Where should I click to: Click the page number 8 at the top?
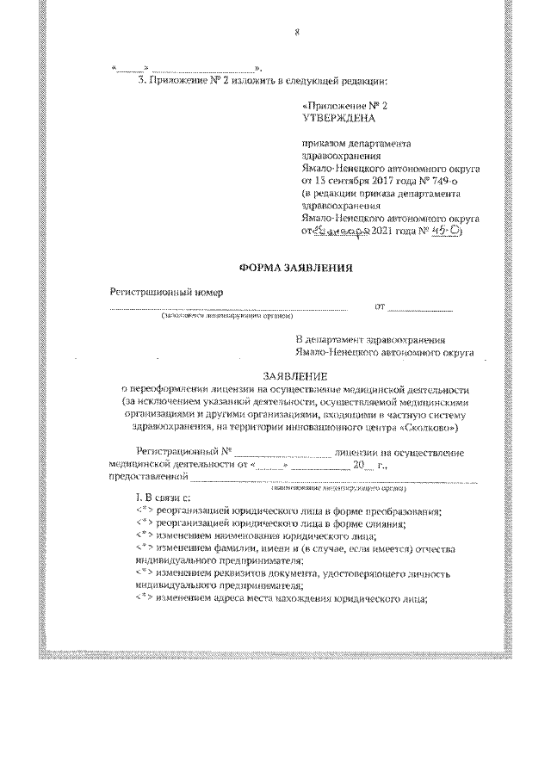point(296,33)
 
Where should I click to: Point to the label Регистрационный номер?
point(159,291)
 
